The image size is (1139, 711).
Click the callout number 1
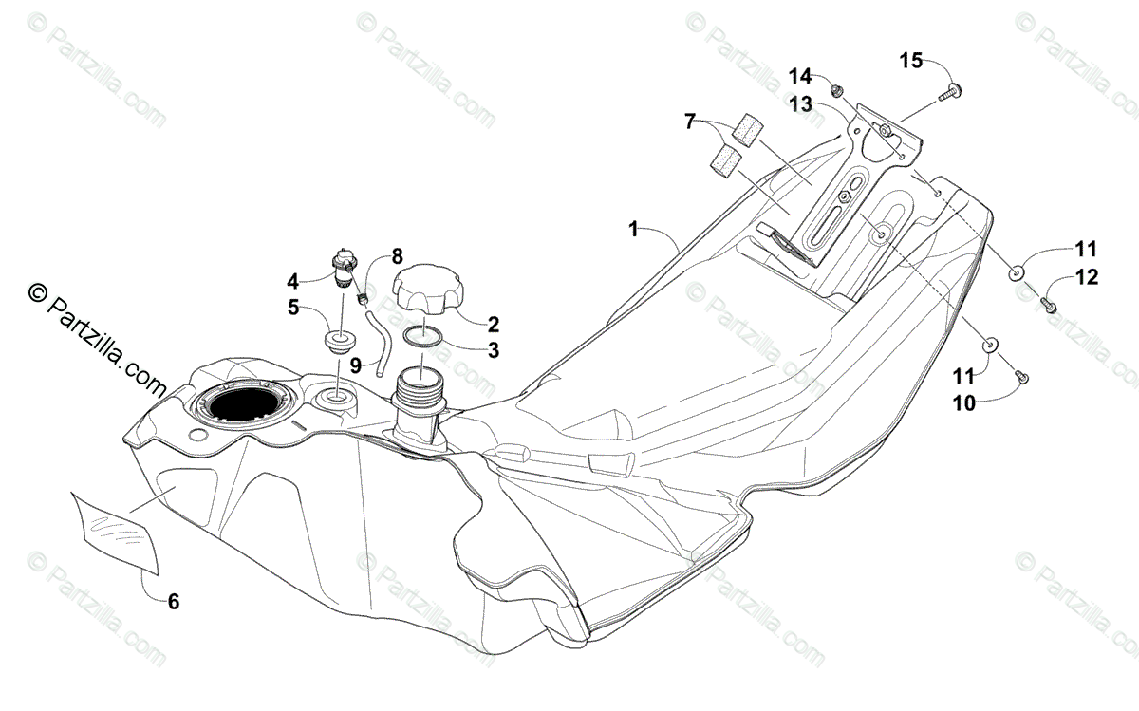click(633, 229)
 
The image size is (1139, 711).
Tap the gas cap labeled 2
click(428, 288)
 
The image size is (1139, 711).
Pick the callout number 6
click(173, 601)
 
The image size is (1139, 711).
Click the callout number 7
click(690, 122)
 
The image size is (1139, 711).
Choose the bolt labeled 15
click(952, 93)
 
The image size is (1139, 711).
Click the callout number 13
click(800, 104)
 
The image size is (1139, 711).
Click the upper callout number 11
click(1086, 250)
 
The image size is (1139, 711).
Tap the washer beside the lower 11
click(991, 345)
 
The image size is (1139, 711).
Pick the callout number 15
click(910, 61)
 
